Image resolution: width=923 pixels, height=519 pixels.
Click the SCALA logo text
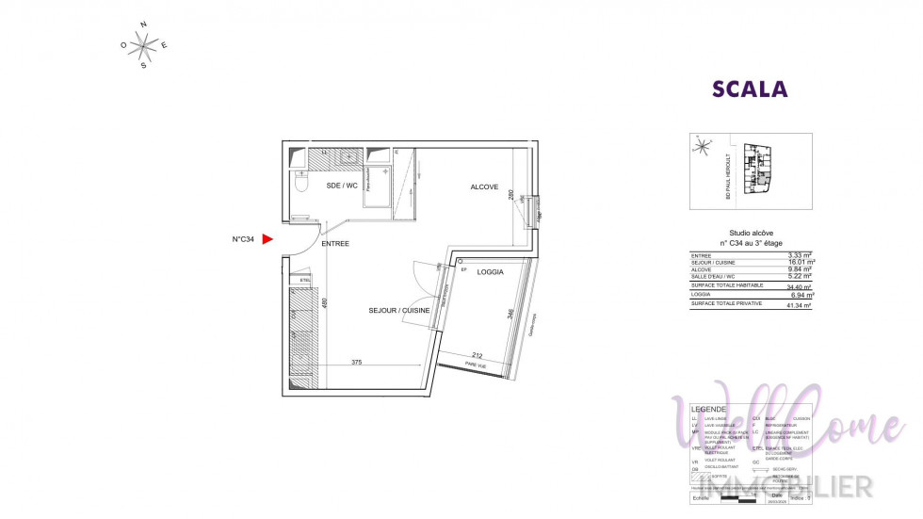pyautogui.click(x=750, y=89)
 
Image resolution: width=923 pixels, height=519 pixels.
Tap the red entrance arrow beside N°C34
pyautogui.click(x=267, y=239)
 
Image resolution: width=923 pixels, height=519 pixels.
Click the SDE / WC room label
pyautogui.click(x=342, y=186)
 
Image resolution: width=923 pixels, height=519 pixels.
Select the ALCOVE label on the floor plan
pyautogui.click(x=484, y=187)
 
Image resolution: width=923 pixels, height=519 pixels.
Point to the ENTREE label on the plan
pyautogui.click(x=335, y=244)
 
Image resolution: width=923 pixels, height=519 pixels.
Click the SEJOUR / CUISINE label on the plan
pyautogui.click(x=398, y=310)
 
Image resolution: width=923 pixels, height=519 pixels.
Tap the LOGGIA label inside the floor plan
pyautogui.click(x=490, y=272)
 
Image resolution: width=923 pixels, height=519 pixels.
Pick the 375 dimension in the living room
pyautogui.click(x=357, y=362)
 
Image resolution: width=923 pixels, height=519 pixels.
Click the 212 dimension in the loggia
pyautogui.click(x=478, y=355)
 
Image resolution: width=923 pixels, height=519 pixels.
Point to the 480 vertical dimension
pyautogui.click(x=324, y=303)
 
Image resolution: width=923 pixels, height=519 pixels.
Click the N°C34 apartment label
pyautogui.click(x=244, y=239)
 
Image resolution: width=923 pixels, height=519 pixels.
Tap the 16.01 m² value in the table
pyautogui.click(x=801, y=262)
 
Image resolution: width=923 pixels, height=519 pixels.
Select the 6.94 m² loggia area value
pyautogui.click(x=801, y=295)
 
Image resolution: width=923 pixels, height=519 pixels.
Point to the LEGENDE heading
pyautogui.click(x=709, y=409)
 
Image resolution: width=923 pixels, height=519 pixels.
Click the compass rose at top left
pyautogui.click(x=144, y=44)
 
